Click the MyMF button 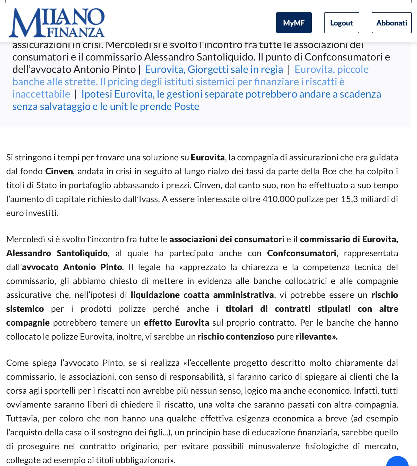coord(294,23)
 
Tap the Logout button coord(341,23)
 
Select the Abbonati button coord(391,23)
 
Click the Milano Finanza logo coord(57,23)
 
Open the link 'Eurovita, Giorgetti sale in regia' coord(214,69)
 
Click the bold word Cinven coord(59,171)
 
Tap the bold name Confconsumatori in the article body coord(301,253)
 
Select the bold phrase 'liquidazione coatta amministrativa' coord(202,295)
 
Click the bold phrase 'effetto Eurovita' coord(176,323)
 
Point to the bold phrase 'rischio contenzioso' coord(236,336)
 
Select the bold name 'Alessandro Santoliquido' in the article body coord(57,253)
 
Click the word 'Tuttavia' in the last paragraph coord(22,418)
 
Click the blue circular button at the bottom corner coord(398,462)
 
